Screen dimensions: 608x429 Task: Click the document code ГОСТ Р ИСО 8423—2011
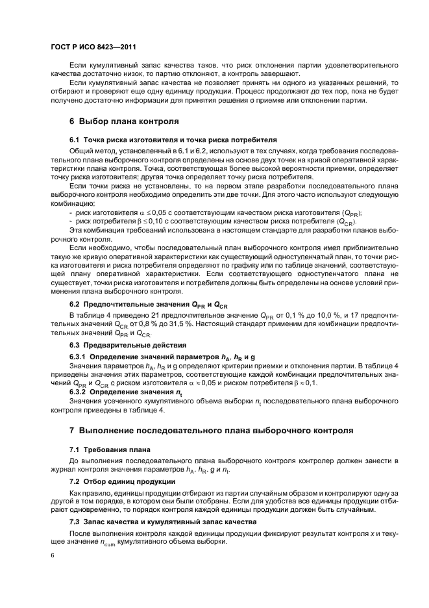(93, 47)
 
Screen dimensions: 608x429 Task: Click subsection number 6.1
(74, 140)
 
